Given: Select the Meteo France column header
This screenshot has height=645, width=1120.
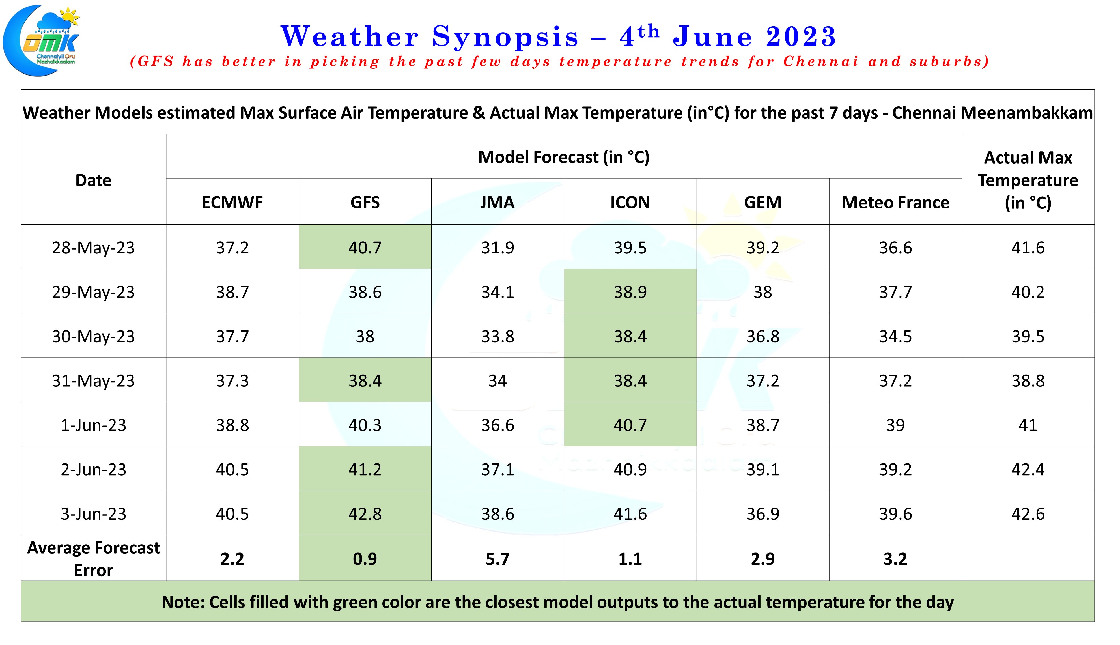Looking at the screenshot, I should pyautogui.click(x=895, y=203).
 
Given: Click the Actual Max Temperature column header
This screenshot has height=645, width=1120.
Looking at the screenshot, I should pyautogui.click(x=1028, y=180).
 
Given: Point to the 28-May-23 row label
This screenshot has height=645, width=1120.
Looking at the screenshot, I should pyautogui.click(x=93, y=247).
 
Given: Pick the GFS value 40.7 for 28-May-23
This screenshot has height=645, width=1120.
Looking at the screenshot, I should pyautogui.click(x=365, y=247).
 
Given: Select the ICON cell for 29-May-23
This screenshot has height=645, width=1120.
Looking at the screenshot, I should pyautogui.click(x=630, y=291).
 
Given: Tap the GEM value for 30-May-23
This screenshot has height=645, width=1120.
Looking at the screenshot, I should pyautogui.click(x=762, y=336).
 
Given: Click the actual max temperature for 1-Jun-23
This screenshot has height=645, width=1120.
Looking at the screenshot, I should pyautogui.click(x=1028, y=425).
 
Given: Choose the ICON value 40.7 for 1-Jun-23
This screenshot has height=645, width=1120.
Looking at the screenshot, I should pyautogui.click(x=630, y=425).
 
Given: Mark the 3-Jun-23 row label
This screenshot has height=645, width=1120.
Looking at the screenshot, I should pyautogui.click(x=93, y=513).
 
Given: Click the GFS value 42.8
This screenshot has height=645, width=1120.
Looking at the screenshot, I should pyautogui.click(x=365, y=513).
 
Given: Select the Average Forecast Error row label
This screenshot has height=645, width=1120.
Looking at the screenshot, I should pyautogui.click(x=93, y=559).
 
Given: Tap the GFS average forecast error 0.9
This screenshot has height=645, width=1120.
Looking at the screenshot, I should pyautogui.click(x=365, y=559).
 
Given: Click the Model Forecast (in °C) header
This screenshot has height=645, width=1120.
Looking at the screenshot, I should pyautogui.click(x=563, y=157).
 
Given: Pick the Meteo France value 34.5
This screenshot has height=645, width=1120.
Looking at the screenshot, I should pyautogui.click(x=895, y=336).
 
